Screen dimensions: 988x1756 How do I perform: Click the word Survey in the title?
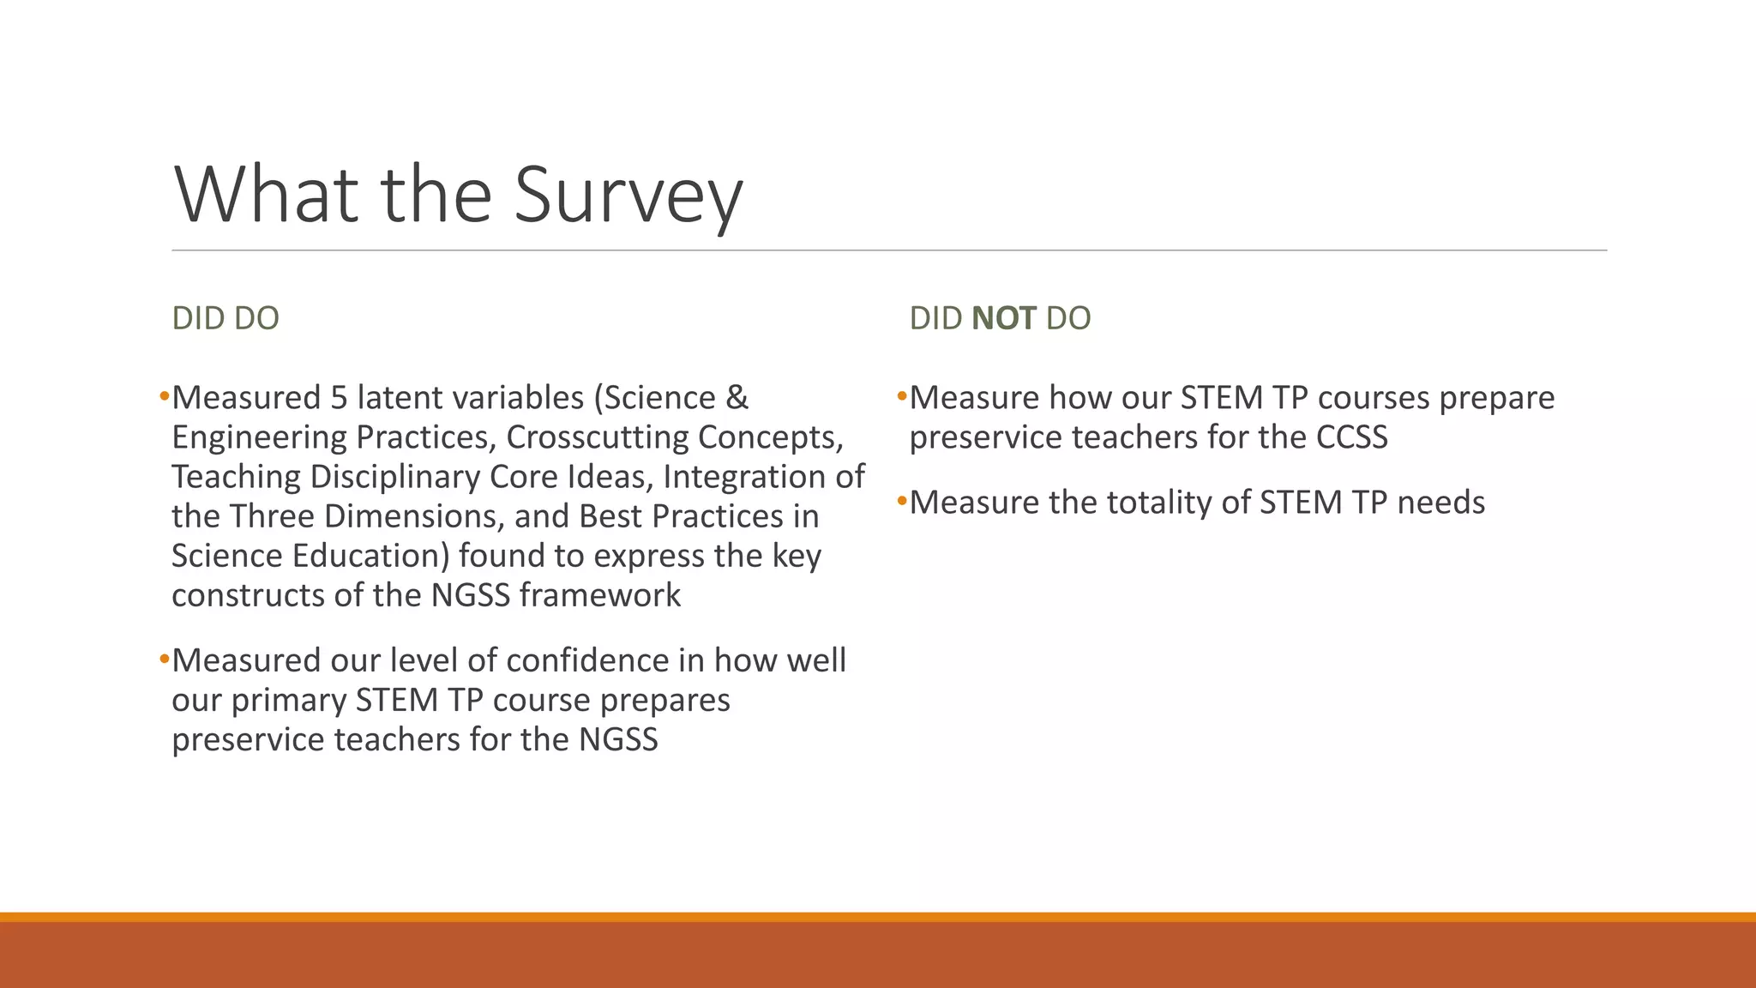pos(628,196)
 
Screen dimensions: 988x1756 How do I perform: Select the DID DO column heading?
pos(226,318)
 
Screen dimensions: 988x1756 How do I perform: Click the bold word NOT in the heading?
pos(1003,318)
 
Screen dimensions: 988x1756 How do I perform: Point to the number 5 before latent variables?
pos(338,398)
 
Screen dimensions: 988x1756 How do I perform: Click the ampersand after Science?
pos(737,398)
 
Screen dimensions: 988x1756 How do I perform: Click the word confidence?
pos(606,660)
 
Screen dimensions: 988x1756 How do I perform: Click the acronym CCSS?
pos(1351,437)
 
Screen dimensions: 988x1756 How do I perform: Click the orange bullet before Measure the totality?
pos(901,501)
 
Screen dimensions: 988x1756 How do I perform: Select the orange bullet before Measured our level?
pos(164,660)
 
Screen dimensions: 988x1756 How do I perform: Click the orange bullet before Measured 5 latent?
pos(164,397)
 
